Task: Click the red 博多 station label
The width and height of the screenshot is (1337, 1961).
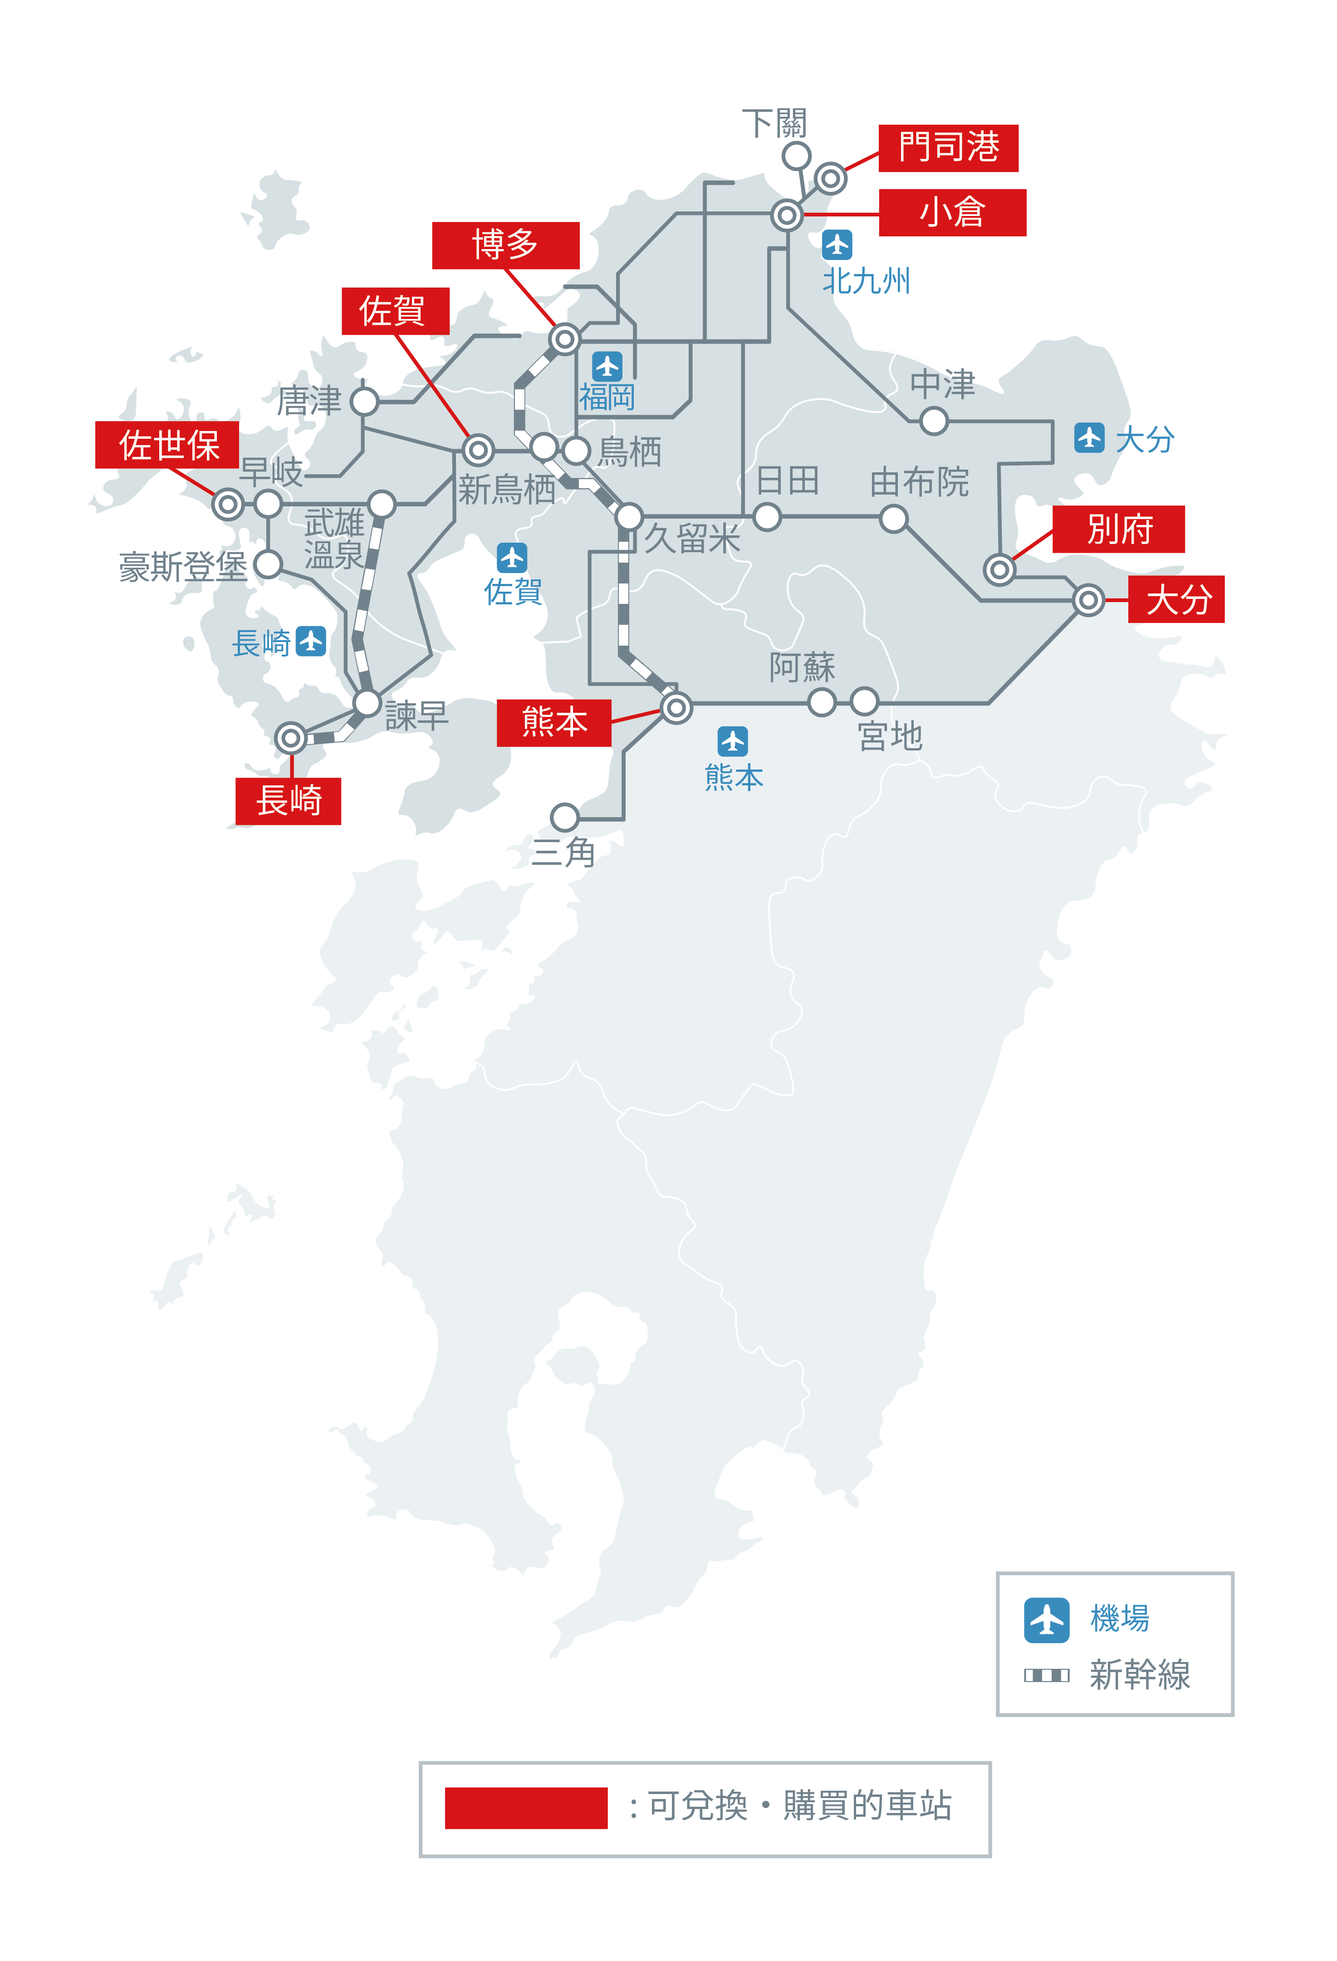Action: (x=505, y=245)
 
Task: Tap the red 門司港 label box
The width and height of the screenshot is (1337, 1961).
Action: (x=948, y=147)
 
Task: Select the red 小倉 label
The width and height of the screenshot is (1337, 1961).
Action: (x=952, y=213)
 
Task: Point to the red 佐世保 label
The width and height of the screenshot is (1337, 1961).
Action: (x=167, y=445)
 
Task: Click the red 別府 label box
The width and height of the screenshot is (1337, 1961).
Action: (x=1118, y=529)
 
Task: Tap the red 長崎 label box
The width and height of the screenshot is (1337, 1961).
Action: (x=289, y=801)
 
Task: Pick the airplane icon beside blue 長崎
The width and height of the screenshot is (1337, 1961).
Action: (x=311, y=641)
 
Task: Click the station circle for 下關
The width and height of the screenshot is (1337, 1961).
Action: (x=796, y=156)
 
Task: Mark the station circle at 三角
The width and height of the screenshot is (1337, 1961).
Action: (x=564, y=817)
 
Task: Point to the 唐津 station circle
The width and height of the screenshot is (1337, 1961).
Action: (x=364, y=402)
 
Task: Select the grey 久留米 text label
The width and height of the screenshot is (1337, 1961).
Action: (x=692, y=539)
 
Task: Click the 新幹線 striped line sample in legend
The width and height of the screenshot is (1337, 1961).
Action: (x=1046, y=1675)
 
